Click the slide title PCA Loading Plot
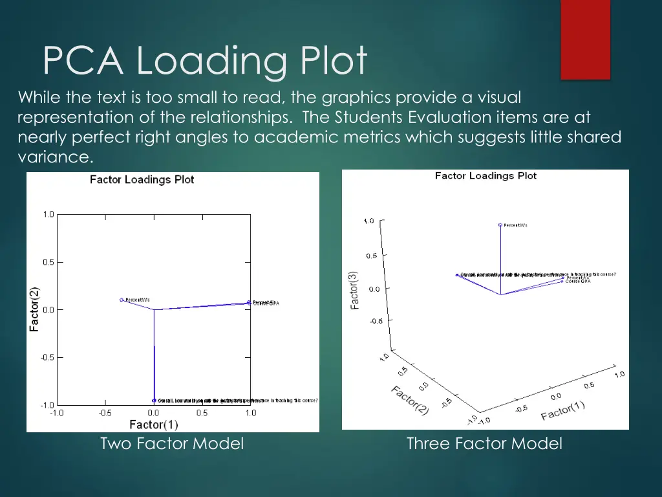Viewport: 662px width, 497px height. (204, 61)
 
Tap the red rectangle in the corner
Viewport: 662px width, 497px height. (585, 39)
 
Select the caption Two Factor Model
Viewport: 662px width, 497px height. (172, 443)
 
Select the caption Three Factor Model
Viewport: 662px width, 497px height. (484, 443)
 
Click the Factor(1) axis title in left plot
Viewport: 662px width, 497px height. (153, 425)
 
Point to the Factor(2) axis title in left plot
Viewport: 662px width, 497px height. (34, 309)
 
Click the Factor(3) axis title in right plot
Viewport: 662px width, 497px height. (355, 289)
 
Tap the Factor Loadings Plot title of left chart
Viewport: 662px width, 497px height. (142, 180)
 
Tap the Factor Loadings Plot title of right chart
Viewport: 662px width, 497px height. (486, 175)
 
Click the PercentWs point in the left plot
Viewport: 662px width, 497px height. (122, 300)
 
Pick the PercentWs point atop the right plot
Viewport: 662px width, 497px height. (500, 225)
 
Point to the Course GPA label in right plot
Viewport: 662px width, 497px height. (578, 282)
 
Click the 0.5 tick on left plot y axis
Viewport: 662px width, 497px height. (48, 262)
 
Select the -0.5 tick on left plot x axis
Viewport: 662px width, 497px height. (105, 413)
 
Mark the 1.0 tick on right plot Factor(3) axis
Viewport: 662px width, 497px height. (368, 221)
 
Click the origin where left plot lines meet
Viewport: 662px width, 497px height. (154, 309)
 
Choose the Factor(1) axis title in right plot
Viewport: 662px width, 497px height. (562, 410)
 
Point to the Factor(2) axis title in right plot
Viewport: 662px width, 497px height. (409, 399)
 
